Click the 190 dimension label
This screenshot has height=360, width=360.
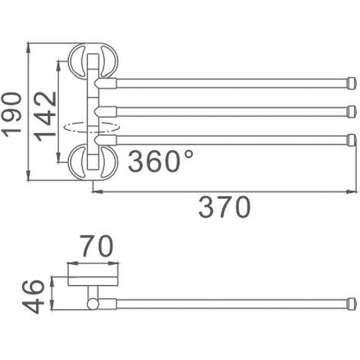coord(11,115)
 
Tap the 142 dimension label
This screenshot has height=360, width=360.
coord(44,117)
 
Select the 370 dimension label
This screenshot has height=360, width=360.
coord(224,207)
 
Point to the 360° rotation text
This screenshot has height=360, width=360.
coord(161,161)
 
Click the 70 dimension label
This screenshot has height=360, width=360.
coord(97,246)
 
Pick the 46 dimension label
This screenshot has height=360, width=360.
coord(33,297)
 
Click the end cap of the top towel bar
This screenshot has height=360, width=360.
coord(352,83)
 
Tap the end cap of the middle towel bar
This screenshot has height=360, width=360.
coord(352,112)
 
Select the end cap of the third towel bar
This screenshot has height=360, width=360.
coord(352,140)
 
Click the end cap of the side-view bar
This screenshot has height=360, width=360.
coord(352,304)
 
